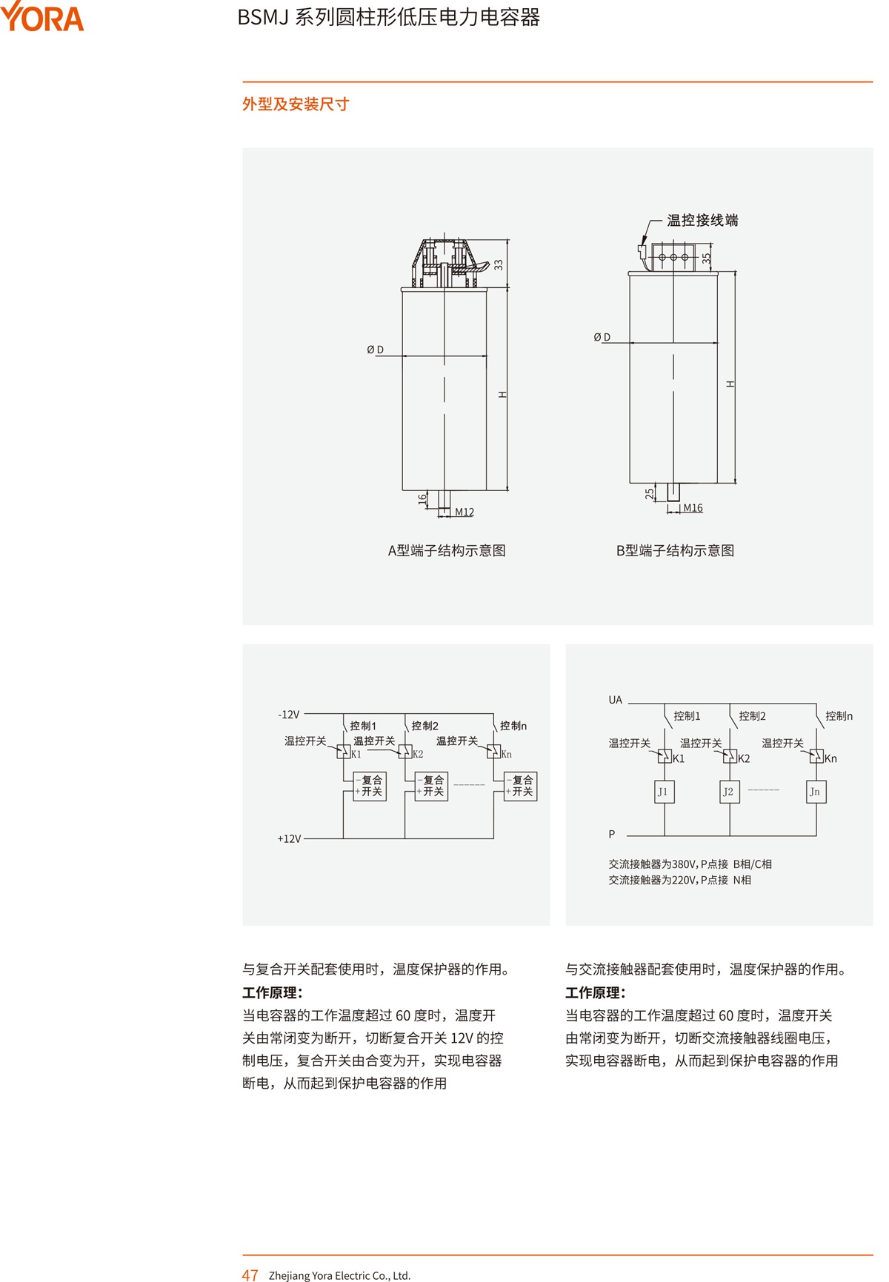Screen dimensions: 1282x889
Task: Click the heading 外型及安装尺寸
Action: click(x=296, y=104)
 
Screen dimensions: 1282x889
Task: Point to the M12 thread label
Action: click(x=465, y=512)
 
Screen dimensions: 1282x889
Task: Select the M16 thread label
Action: click(x=693, y=508)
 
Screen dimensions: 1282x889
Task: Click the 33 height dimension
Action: click(x=499, y=264)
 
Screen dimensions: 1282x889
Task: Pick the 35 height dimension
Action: click(x=707, y=258)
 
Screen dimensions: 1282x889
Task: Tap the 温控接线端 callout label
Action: click(x=702, y=220)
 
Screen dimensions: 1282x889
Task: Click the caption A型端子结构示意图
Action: click(x=447, y=550)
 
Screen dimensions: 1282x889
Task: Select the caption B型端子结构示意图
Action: click(x=675, y=550)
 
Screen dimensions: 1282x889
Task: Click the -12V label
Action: click(x=289, y=715)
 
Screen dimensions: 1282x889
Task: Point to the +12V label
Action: click(x=289, y=838)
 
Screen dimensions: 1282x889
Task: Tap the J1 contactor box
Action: click(x=664, y=792)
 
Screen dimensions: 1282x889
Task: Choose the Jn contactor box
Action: click(x=816, y=792)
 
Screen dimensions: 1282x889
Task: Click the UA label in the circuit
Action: click(x=616, y=700)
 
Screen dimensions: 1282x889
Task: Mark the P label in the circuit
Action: click(x=612, y=834)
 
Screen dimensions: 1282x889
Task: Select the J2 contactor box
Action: click(x=729, y=792)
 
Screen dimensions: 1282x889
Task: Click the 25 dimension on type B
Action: click(x=650, y=493)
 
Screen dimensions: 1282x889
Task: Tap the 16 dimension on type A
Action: click(x=422, y=500)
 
